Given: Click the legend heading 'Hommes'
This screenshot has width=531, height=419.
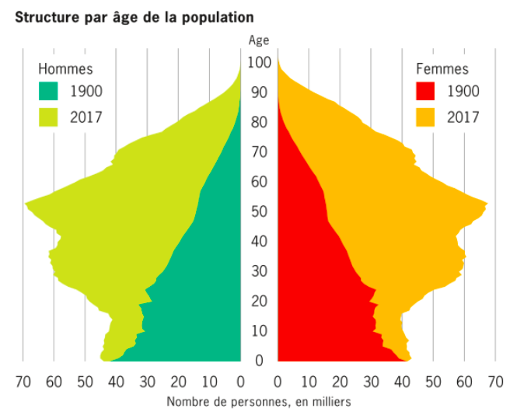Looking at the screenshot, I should click(65, 69).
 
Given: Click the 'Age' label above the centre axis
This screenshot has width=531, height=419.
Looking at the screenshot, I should click(258, 40).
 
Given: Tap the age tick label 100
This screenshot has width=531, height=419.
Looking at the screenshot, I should click(258, 62).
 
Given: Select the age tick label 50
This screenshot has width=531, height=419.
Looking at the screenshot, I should click(258, 211).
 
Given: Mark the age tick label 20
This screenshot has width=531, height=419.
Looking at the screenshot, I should click(258, 301).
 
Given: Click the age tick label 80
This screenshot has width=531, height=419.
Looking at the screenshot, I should click(258, 122).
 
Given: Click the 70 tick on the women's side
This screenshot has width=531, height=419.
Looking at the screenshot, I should click(495, 382).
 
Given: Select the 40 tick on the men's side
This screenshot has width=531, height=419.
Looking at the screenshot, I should click(116, 382).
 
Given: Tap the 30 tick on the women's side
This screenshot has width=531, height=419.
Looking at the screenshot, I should click(371, 382).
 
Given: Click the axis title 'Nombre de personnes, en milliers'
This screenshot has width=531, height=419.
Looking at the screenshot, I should click(258, 402).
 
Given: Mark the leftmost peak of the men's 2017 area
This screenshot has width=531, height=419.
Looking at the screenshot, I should click(26, 204).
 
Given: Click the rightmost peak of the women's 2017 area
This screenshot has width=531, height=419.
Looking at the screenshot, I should click(487, 205).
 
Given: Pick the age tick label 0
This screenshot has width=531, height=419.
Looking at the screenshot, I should click(258, 361).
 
